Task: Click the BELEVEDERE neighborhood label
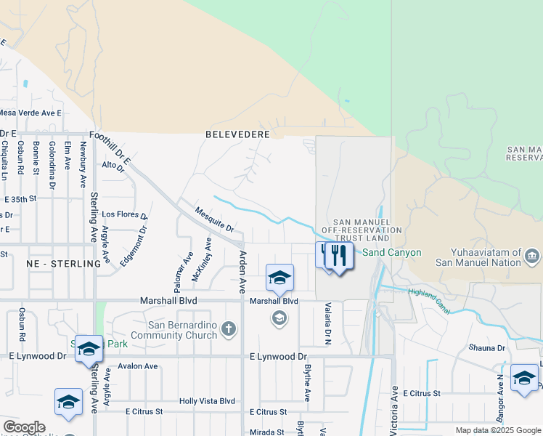[x=237, y=134]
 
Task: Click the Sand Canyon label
[x=391, y=253]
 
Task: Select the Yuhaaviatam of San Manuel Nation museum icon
[x=532, y=257]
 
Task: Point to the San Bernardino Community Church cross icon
[x=229, y=329]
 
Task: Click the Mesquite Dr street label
[x=214, y=219]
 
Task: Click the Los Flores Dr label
[x=124, y=214]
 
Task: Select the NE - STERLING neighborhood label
[x=63, y=264]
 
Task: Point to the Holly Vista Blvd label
[x=208, y=400]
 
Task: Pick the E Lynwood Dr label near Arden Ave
[x=278, y=357]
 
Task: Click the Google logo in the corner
[x=24, y=427]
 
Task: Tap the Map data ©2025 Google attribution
[x=498, y=430]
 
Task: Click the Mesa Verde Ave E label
[x=30, y=113]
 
